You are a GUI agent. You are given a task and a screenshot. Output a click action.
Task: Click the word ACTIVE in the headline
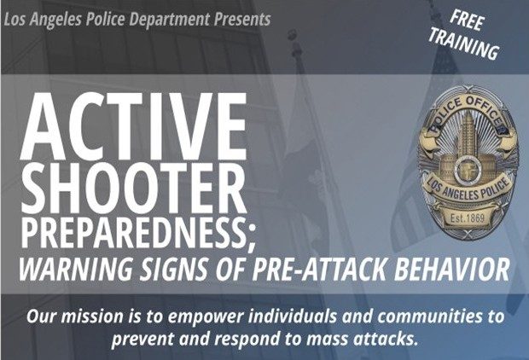pyautogui.click(x=134, y=125)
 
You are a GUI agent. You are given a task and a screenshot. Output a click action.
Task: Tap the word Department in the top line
pyautogui.click(x=169, y=20)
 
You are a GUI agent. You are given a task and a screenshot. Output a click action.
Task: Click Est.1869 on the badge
pyautogui.click(x=468, y=218)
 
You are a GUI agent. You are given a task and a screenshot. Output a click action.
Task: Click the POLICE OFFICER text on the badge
pyautogui.click(x=467, y=112)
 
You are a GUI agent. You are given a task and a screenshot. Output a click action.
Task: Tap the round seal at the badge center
pyautogui.click(x=468, y=168)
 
